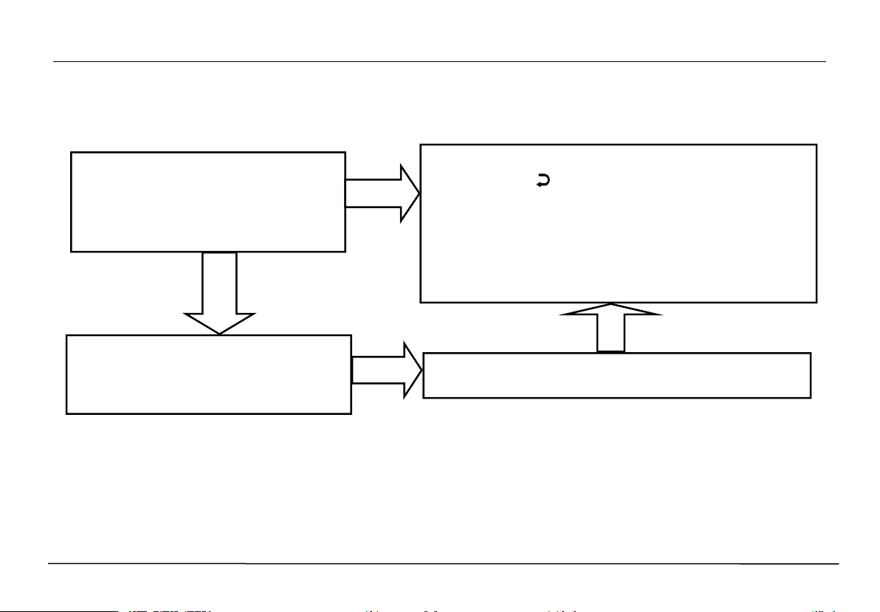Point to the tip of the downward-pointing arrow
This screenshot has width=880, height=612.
219,334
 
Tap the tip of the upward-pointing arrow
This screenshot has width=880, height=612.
611,304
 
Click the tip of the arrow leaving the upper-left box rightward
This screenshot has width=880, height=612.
419,193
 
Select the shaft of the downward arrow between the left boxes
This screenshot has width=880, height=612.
219,283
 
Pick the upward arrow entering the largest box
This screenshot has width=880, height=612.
611,328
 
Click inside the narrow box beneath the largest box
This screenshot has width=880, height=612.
616,376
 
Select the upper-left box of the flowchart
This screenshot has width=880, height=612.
208,202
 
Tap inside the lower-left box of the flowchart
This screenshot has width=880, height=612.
208,374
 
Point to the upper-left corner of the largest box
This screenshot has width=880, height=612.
421,145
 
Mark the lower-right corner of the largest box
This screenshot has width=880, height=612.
816,301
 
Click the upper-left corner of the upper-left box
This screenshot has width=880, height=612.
72,153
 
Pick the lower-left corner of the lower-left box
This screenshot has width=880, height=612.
67,413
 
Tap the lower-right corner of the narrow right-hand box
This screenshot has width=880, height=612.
811,397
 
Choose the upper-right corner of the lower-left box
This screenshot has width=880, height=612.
350,336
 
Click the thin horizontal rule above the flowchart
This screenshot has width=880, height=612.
440,62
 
